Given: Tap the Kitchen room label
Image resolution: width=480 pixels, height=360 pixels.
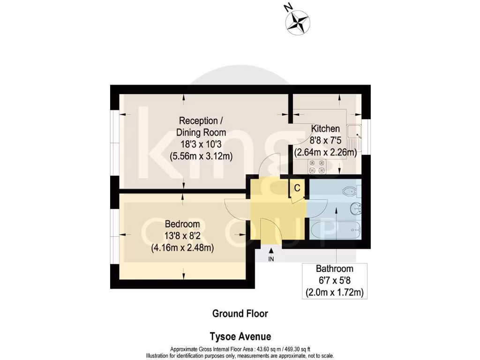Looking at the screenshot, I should pyautogui.click(x=325, y=128).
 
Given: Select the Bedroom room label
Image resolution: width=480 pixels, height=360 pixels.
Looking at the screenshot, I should pyautogui.click(x=182, y=224).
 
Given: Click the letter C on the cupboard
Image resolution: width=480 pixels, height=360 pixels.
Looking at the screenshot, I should pyautogui.click(x=296, y=188).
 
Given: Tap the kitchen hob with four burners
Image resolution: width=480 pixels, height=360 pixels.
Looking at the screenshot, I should pyautogui.click(x=316, y=166).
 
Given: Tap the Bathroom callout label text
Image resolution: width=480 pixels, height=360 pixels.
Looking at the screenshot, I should pyautogui.click(x=334, y=269).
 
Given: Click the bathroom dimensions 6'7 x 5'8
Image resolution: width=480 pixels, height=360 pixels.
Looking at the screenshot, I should pyautogui.click(x=334, y=281).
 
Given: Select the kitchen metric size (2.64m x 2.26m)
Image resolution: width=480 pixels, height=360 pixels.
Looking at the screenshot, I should pyautogui.click(x=325, y=152).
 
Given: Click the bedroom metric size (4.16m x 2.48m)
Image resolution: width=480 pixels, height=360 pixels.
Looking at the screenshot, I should pyautogui.click(x=182, y=248).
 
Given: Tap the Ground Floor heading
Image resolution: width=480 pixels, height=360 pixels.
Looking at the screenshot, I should pyautogui.click(x=240, y=314).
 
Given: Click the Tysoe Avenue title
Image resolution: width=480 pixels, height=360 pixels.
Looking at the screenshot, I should pyautogui.click(x=240, y=337).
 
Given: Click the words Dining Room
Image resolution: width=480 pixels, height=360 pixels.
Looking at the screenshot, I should pyautogui.click(x=201, y=132).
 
